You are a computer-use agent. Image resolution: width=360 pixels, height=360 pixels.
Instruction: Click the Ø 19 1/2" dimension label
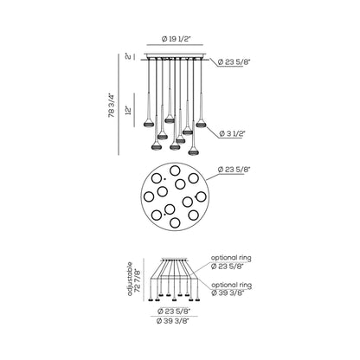click(176, 39)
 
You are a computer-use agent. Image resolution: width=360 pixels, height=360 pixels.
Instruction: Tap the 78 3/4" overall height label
click(112, 105)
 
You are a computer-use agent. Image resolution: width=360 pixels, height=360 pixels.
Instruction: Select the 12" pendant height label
click(129, 110)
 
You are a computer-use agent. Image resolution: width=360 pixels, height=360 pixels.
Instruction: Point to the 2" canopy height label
click(128, 56)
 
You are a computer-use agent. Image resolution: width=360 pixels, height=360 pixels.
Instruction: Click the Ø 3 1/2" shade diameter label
click(232, 133)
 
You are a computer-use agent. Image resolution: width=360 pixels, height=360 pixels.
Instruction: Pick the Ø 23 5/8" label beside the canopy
click(234, 61)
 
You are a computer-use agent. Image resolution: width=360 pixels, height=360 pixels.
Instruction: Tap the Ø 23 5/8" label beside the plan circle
click(234, 170)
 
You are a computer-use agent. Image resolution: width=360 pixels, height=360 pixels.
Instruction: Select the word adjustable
click(130, 279)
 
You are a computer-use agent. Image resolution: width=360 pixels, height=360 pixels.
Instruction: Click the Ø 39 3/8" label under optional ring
click(228, 292)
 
